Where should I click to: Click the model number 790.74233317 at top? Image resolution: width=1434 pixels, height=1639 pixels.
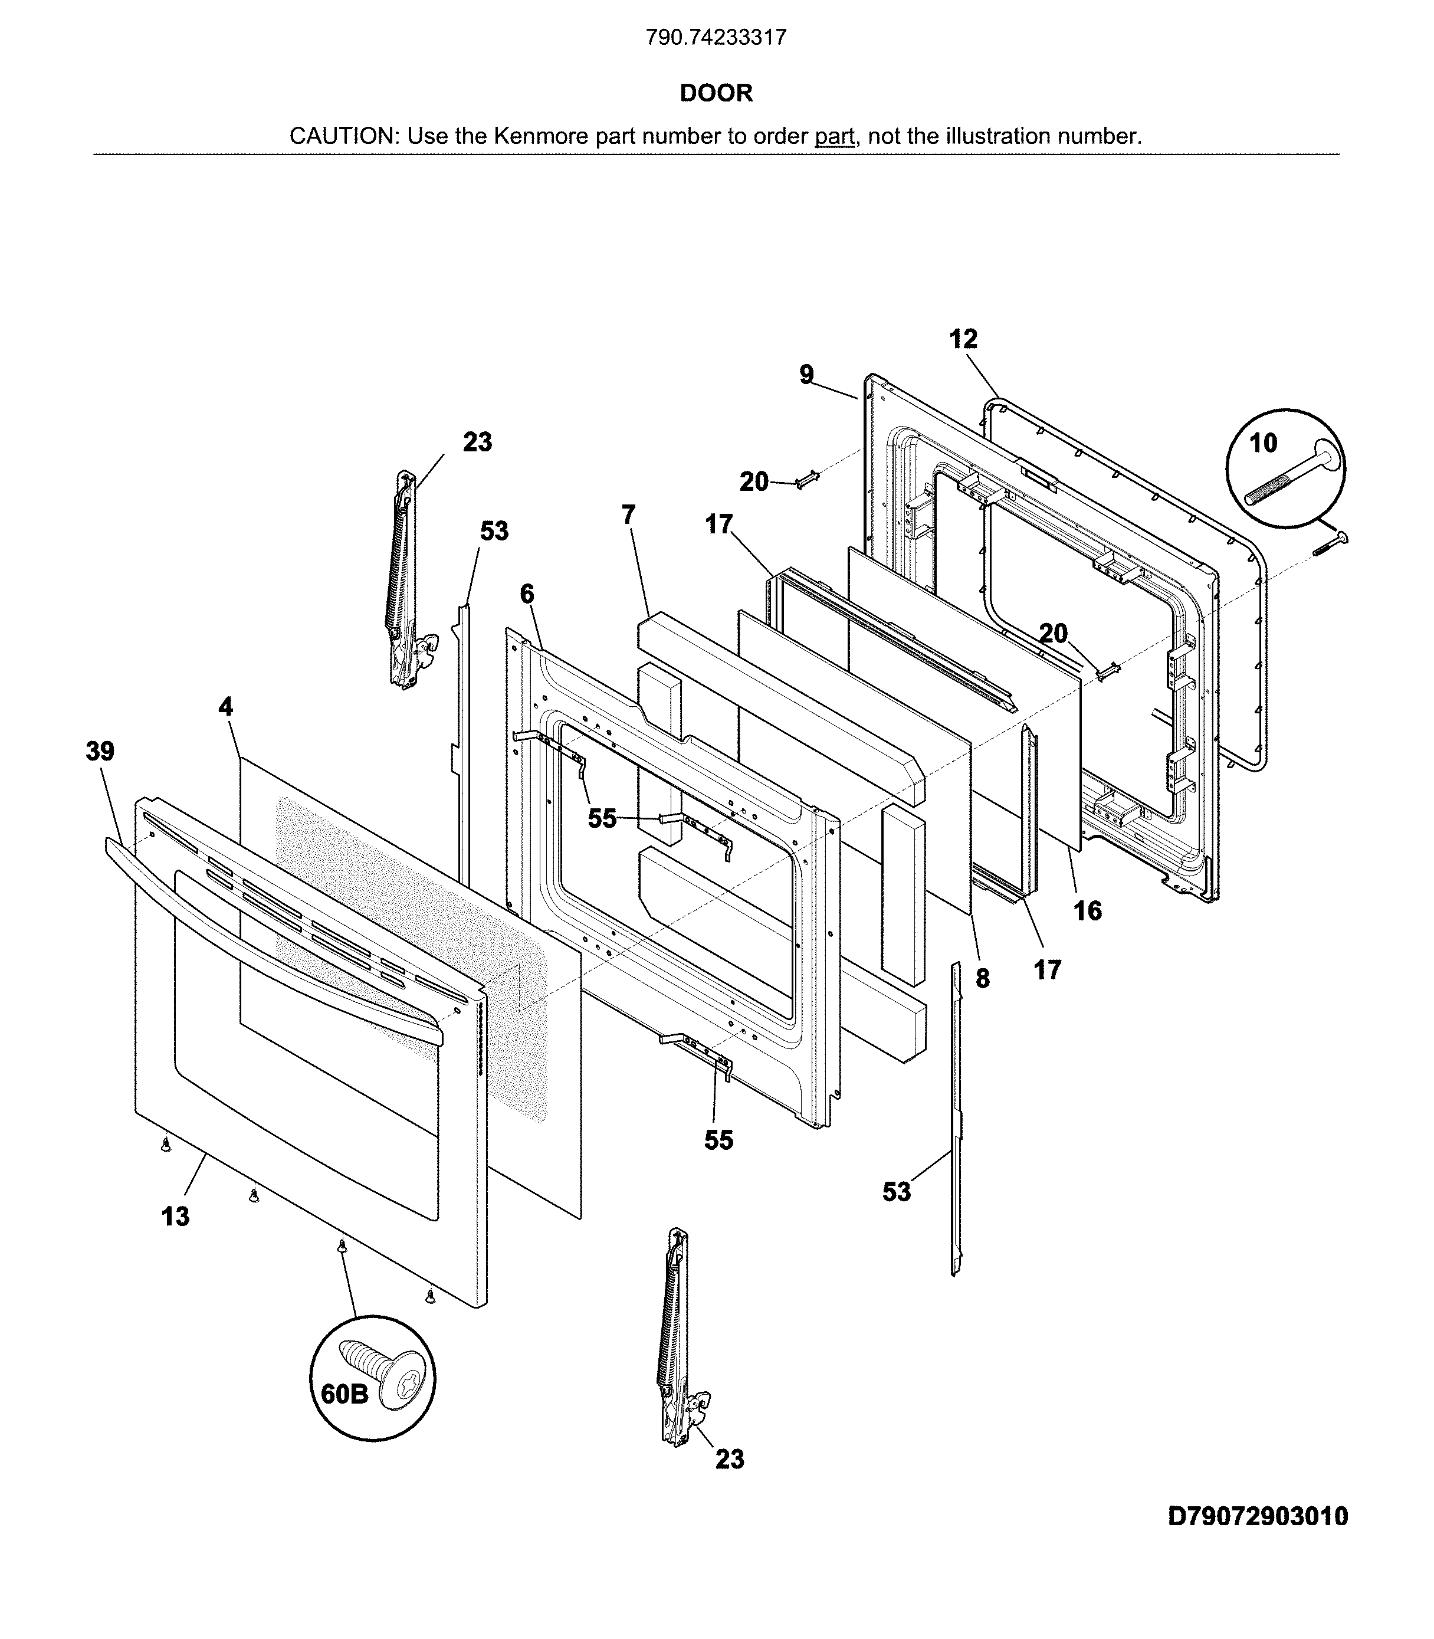point(716,38)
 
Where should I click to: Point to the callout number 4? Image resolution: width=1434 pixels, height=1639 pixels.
point(226,707)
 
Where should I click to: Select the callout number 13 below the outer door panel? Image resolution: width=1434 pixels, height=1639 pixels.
point(175,1217)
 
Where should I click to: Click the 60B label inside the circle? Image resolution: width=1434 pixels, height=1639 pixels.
point(344,1394)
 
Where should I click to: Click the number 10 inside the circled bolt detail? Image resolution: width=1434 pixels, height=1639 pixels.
point(1263,442)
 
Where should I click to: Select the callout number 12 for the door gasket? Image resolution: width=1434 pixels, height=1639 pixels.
point(963,339)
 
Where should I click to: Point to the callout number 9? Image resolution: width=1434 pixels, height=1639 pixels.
point(806,375)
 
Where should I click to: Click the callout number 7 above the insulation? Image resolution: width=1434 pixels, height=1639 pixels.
point(628,514)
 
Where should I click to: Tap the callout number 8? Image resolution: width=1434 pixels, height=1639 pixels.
point(983,978)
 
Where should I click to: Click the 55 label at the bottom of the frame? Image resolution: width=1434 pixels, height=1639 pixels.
point(718,1140)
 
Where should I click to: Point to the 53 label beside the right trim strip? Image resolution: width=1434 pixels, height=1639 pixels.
point(896,1192)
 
